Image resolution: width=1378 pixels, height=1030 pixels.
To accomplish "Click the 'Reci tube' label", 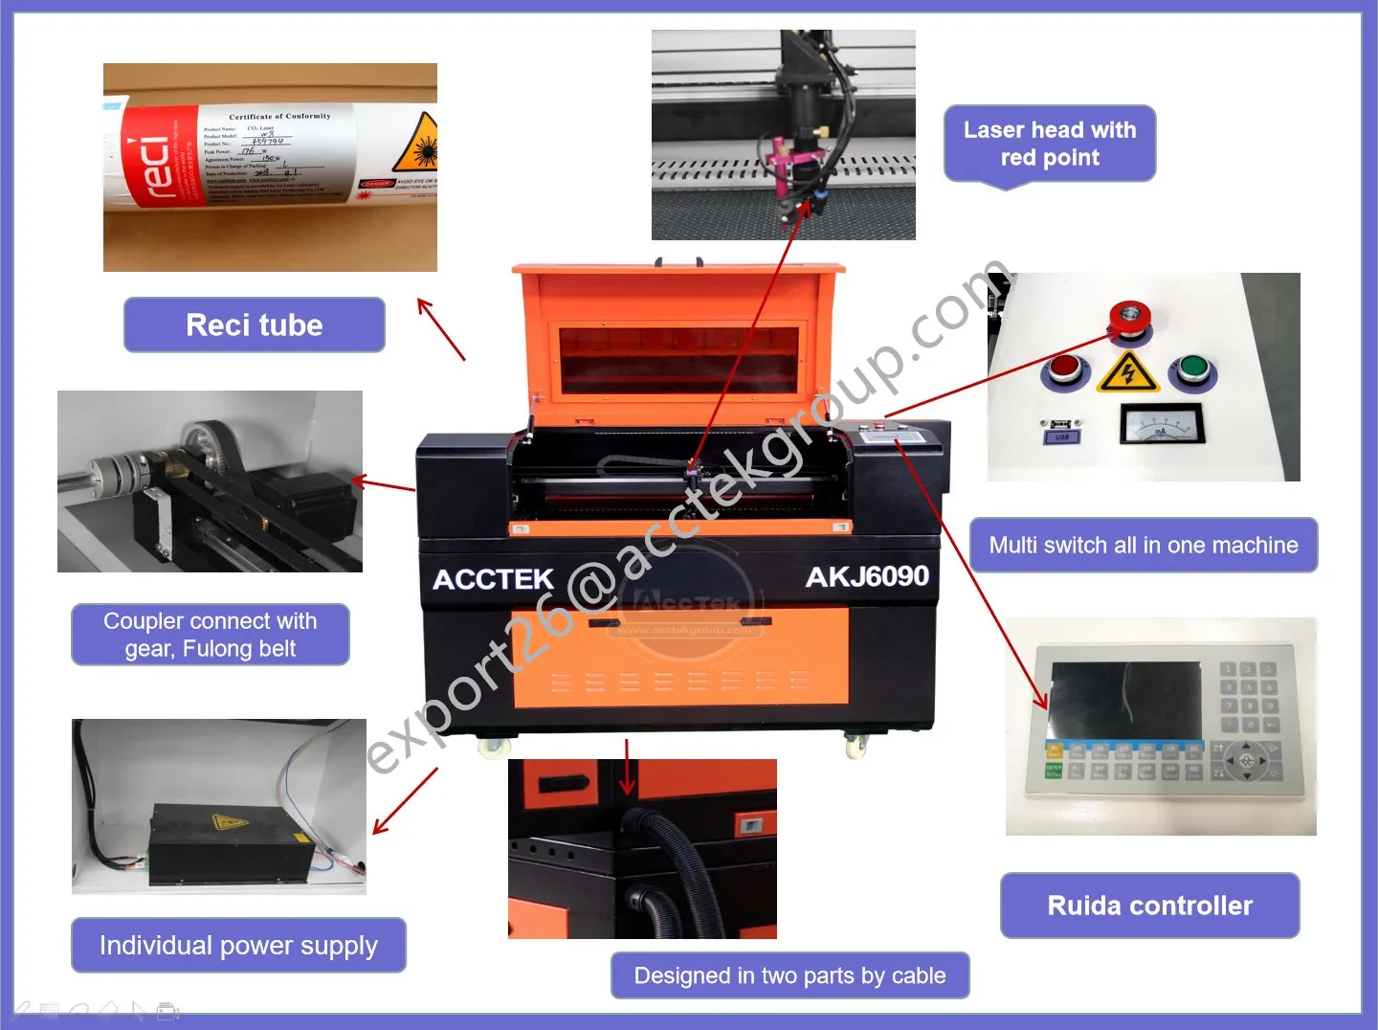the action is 255,325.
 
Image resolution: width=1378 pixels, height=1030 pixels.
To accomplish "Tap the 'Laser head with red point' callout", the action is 1050,144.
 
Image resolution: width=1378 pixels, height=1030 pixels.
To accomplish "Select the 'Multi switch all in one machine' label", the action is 1144,546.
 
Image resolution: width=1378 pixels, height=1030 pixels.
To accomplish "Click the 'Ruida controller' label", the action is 1149,906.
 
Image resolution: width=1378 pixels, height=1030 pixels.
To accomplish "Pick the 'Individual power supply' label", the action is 238,946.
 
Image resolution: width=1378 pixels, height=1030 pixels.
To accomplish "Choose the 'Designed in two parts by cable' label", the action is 789,975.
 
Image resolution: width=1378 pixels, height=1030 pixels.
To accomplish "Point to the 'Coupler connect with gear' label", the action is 211,635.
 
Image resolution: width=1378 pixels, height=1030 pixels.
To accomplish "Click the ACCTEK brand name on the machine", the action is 493,579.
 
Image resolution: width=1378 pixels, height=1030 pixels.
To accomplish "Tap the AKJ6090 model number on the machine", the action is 867,576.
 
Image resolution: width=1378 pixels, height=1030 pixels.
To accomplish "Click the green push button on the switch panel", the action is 1191,369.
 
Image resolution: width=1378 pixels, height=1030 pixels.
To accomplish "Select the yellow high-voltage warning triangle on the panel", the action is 1128,372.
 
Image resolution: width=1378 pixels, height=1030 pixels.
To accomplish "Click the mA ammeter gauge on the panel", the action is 1161,424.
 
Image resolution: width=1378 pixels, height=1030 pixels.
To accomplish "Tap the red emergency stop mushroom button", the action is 1129,318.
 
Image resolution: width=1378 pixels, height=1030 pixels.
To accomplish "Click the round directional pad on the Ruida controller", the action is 1246,761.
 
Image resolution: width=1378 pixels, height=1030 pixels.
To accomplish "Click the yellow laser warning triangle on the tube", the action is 418,144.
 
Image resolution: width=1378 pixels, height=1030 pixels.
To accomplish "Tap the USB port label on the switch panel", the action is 1061,437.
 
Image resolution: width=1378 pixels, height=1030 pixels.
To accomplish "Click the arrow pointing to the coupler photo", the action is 383,484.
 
